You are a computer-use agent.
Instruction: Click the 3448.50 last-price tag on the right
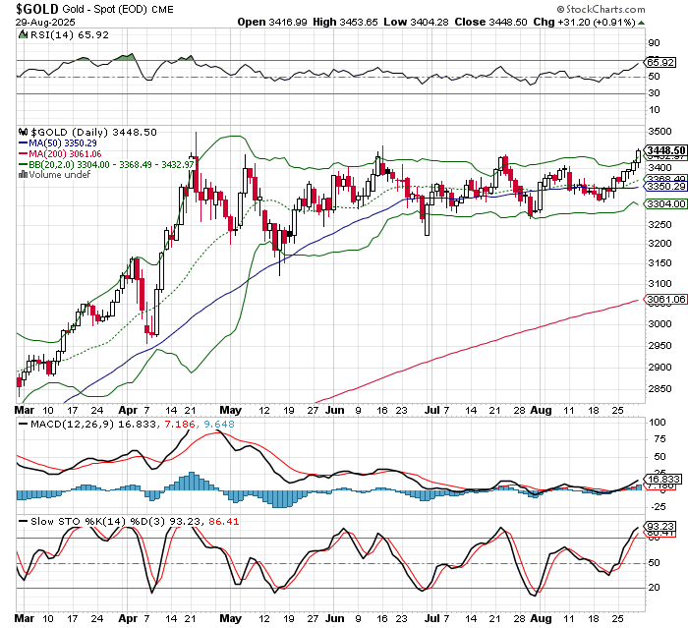click(665, 150)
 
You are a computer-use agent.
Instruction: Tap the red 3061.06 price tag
click(665, 299)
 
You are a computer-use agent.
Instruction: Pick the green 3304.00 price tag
click(665, 203)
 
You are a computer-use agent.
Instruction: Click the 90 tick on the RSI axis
click(653, 43)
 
